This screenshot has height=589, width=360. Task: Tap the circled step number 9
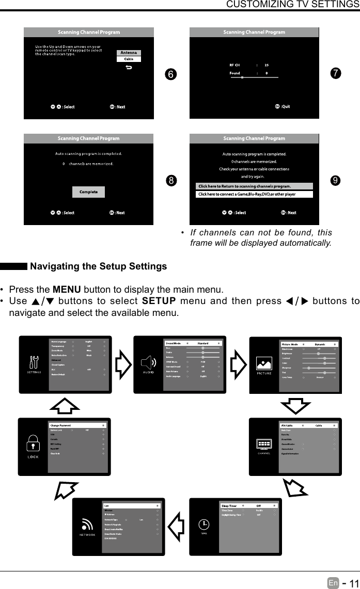[x=336, y=180]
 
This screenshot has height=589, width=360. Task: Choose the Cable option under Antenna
[x=129, y=59]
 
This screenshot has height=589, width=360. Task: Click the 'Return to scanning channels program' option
[x=254, y=186]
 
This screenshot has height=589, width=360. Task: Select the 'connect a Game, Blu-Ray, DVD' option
[x=254, y=195]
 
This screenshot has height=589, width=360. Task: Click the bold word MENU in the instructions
[x=66, y=289]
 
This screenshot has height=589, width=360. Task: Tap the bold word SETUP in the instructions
[x=159, y=301]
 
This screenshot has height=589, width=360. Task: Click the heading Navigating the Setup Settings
[x=99, y=266]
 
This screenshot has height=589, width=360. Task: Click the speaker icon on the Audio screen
[x=149, y=362]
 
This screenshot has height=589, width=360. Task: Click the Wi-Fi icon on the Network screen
[x=86, y=523]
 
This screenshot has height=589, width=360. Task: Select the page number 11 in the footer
[x=352, y=583]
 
